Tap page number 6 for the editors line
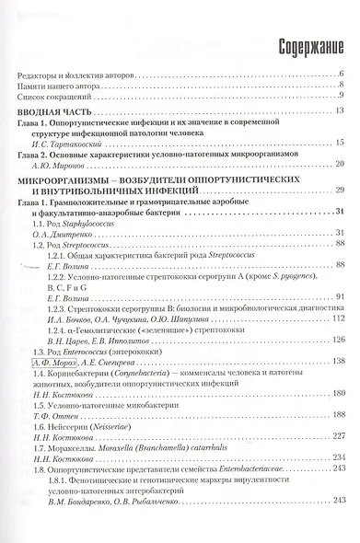click(342, 72)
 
